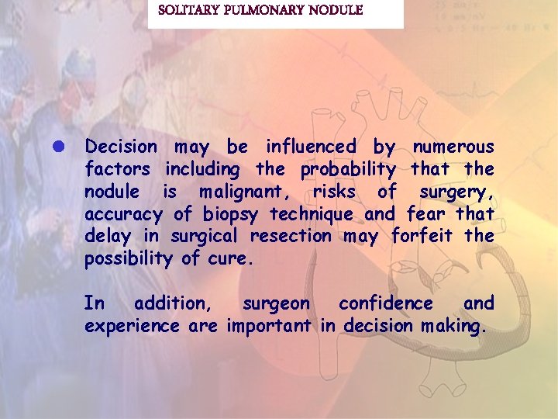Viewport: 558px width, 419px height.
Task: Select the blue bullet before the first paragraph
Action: coord(68,146)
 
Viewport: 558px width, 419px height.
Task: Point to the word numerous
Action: coord(453,146)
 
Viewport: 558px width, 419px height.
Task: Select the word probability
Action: coord(348,168)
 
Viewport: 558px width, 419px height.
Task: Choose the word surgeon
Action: coord(276,303)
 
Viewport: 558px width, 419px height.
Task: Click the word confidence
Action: coord(387,303)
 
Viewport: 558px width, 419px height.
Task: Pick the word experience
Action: coord(132,326)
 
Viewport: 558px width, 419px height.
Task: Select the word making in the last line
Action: coord(454,326)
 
